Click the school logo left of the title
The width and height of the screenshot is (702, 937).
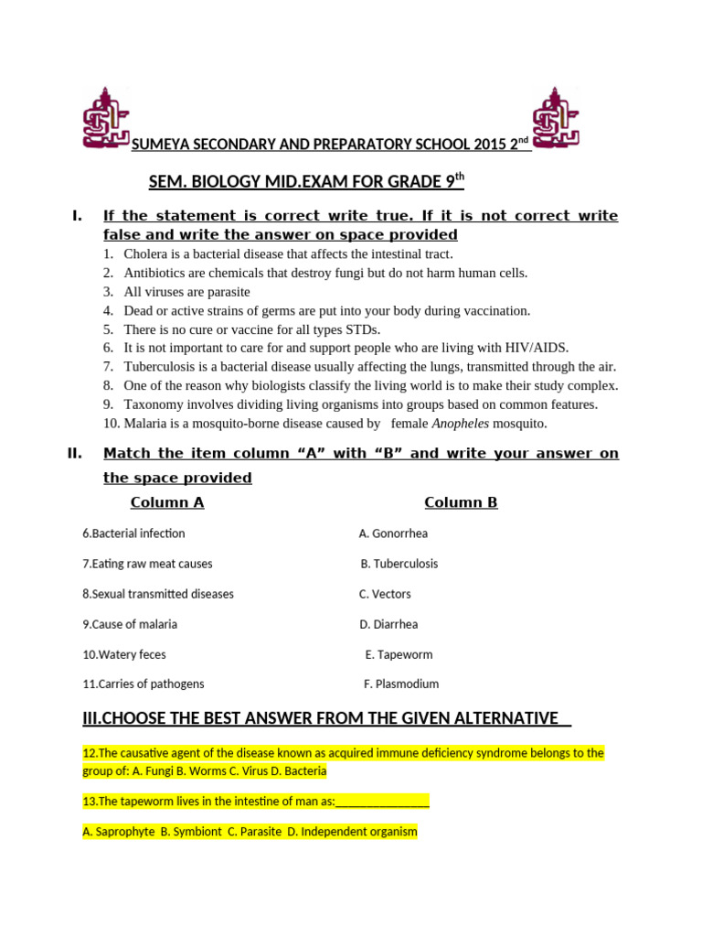106,118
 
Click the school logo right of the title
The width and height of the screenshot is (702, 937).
556,118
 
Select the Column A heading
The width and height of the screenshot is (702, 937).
167,502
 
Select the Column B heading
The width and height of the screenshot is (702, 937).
461,502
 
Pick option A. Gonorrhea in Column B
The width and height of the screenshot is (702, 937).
393,533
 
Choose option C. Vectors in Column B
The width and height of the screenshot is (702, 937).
385,594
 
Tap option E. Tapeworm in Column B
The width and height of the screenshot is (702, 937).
399,654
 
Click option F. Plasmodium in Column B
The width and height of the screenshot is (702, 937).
401,684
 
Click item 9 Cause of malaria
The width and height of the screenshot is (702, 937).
130,624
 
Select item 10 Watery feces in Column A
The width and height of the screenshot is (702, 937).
124,654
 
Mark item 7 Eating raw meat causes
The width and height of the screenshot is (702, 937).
147,564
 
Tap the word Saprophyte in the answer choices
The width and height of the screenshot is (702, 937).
118,832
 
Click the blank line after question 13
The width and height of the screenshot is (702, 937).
383,802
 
